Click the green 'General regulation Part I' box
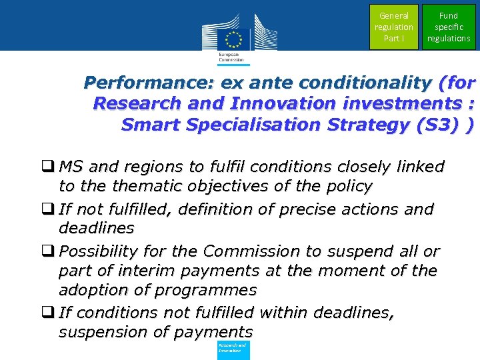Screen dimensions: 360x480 393,27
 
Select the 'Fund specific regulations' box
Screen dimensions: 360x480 449,27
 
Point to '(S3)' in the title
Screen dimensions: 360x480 443,125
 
